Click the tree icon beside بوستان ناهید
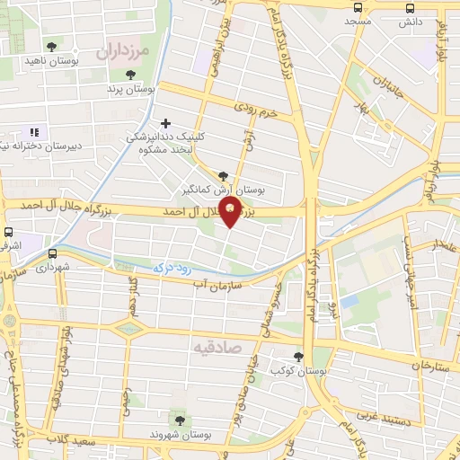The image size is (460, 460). (x=51, y=45)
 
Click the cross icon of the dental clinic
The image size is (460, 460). (x=164, y=123)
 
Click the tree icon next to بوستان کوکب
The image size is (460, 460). (x=298, y=357)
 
